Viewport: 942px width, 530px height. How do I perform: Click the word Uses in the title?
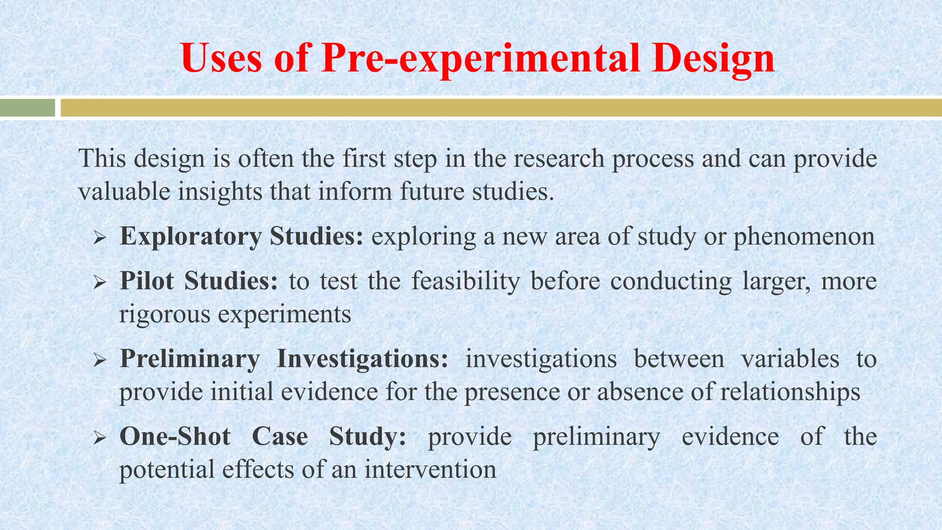[221, 58]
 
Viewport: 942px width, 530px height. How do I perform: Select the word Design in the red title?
[713, 59]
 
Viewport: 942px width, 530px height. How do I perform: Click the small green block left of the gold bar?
[27, 108]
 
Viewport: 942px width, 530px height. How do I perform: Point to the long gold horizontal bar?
[501, 108]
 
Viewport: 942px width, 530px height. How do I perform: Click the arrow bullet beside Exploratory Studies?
[100, 238]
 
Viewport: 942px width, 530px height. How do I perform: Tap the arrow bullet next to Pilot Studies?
[100, 282]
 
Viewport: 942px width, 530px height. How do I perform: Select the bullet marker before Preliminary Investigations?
[100, 360]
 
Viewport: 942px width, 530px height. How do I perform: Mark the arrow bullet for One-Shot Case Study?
[100, 438]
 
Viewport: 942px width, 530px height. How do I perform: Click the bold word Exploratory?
[190, 237]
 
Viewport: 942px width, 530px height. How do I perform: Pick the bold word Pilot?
[147, 281]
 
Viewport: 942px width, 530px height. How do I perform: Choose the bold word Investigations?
[362, 359]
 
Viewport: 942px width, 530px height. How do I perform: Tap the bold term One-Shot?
[175, 437]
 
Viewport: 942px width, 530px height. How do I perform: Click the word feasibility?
[465, 281]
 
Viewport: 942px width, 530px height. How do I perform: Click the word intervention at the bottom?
[431, 470]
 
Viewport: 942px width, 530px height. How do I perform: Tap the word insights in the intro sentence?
[220, 191]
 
